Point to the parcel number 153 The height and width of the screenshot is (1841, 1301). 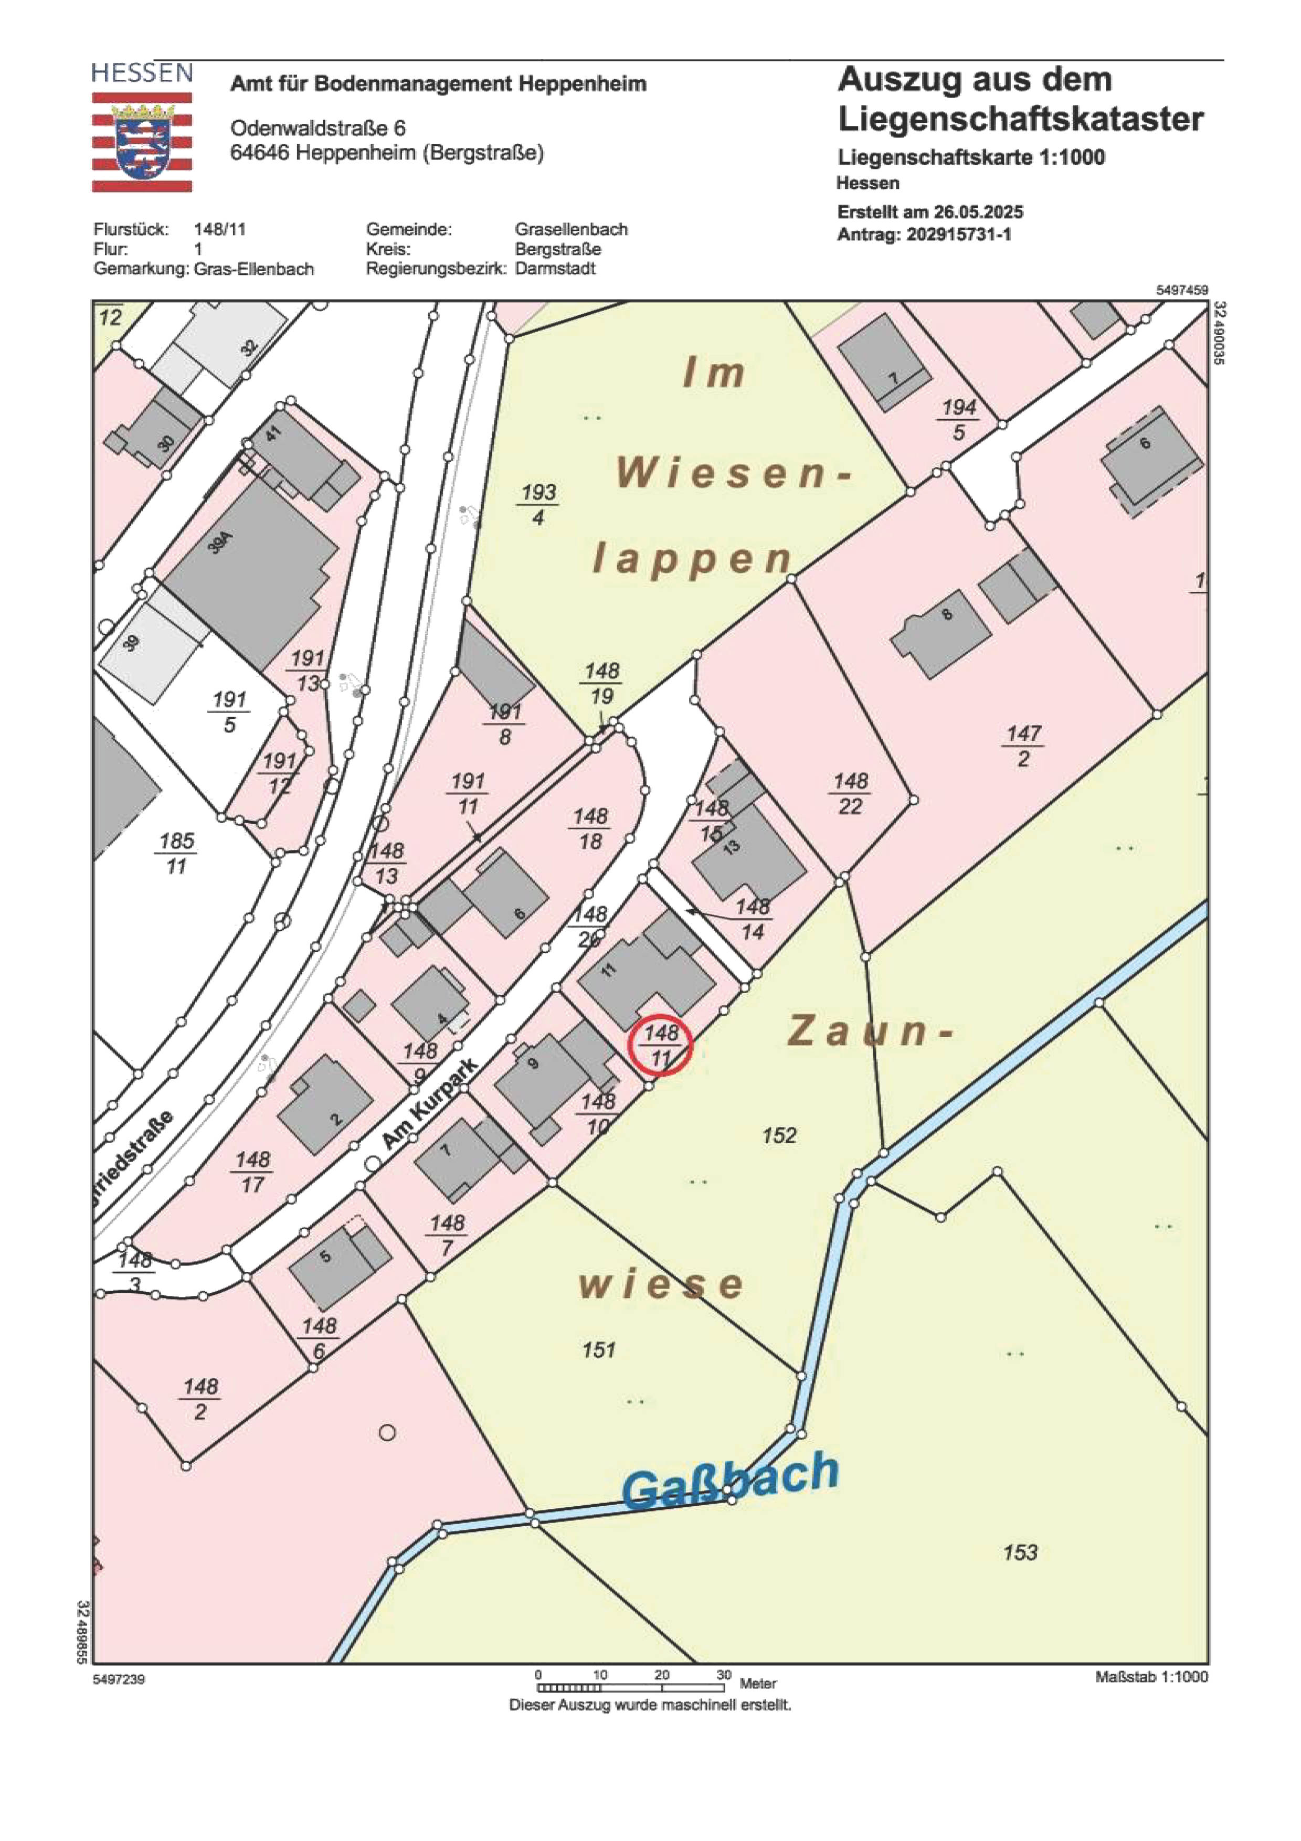(x=1020, y=1553)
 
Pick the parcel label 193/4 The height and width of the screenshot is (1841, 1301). (x=538, y=504)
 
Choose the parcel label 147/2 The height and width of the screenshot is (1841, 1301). (x=1023, y=745)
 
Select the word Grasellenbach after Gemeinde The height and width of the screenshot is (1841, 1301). (x=571, y=229)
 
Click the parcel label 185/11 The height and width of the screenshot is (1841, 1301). (x=176, y=853)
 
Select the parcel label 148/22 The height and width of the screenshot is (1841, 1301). (x=850, y=793)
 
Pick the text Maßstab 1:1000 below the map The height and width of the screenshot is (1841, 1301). (x=1151, y=1677)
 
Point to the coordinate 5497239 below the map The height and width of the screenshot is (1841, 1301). (x=119, y=1679)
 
